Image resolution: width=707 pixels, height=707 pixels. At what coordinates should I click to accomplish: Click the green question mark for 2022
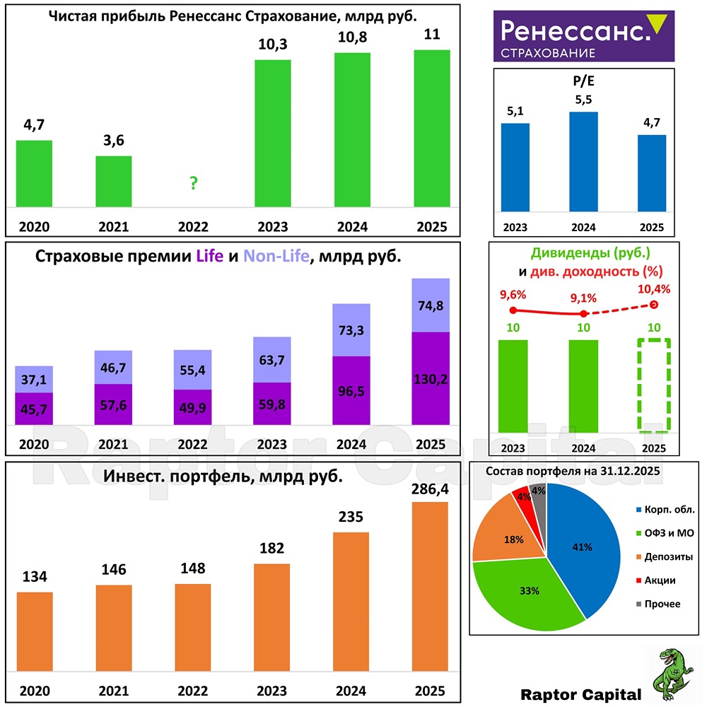193,184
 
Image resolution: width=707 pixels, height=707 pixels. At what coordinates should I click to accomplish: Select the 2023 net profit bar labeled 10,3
272,134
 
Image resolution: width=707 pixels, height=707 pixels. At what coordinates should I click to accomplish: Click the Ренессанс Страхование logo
583,35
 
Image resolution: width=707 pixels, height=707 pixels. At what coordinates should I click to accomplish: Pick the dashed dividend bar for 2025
653,385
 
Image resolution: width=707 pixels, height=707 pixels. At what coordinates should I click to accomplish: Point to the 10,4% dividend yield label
654,289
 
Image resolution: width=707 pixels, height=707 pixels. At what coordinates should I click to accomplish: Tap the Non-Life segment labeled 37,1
34,379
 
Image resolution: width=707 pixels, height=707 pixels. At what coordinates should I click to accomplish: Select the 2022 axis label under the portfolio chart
193,691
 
